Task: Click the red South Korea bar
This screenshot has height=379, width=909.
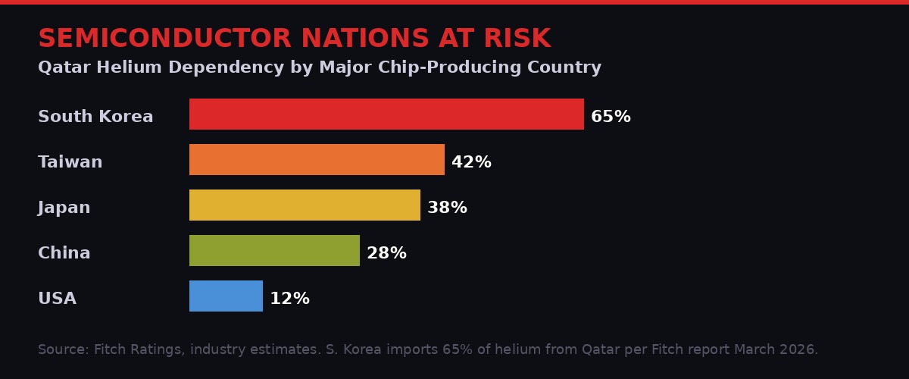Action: (386, 114)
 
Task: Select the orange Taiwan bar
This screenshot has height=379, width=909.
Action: (317, 159)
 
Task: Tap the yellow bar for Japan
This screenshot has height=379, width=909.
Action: (305, 205)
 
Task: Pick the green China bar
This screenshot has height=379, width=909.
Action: (274, 250)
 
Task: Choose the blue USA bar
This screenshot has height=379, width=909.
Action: (226, 296)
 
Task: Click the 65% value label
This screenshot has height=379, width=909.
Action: (611, 117)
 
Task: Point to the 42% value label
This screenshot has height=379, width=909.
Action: (471, 162)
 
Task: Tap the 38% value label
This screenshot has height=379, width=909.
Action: (447, 208)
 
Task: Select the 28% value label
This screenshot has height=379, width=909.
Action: (386, 253)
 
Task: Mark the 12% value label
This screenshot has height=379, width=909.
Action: (289, 299)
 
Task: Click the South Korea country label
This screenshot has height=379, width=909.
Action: (95, 117)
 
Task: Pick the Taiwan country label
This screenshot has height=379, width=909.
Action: (70, 162)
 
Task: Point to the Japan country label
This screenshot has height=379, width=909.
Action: (64, 208)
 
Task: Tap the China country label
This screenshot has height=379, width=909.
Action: (64, 253)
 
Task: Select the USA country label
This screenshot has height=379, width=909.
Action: (58, 299)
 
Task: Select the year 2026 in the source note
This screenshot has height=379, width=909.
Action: (798, 349)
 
